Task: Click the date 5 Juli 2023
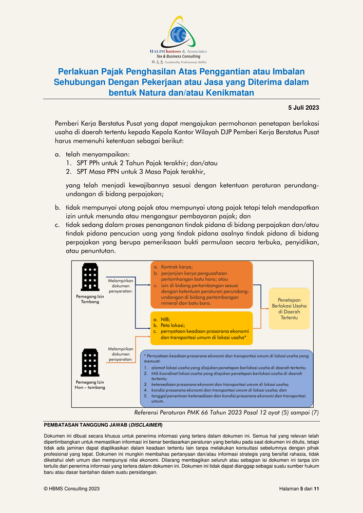(x=303, y=108)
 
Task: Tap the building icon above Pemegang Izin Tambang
(x=90, y=278)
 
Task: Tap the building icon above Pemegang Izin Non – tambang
(x=90, y=363)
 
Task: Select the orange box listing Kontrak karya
(x=201, y=285)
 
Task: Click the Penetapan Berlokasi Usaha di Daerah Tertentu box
(x=289, y=308)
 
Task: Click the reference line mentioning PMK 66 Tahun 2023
(x=226, y=412)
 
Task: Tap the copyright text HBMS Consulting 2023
(x=72, y=489)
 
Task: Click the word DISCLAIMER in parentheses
(x=146, y=425)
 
